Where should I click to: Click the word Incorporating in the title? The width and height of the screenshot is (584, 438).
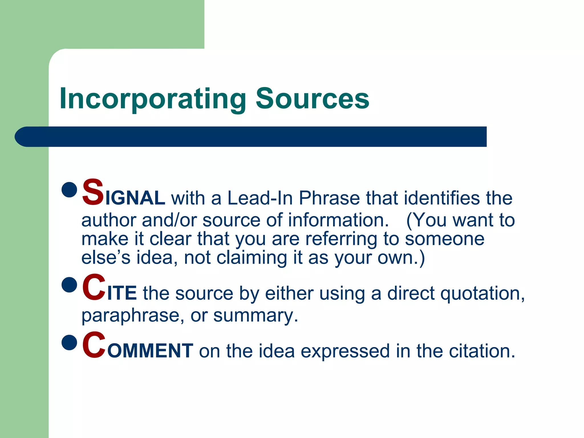[x=153, y=99]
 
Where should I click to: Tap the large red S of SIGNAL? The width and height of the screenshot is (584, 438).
[x=93, y=192]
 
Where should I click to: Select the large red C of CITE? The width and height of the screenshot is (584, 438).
[x=94, y=287]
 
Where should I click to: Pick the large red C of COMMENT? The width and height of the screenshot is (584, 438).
[x=94, y=345]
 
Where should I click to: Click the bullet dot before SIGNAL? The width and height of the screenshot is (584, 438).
[x=69, y=190]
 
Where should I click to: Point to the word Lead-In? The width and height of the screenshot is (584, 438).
[x=260, y=198]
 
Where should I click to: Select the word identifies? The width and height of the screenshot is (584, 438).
[x=442, y=198]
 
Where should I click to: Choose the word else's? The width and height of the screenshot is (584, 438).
[x=106, y=258]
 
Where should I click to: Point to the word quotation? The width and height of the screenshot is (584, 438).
[x=482, y=294]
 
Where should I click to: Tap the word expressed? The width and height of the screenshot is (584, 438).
[x=345, y=351]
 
